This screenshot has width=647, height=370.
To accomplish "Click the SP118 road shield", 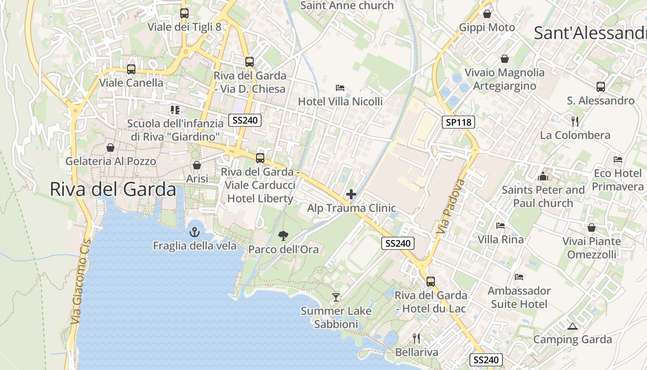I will [x=458, y=122].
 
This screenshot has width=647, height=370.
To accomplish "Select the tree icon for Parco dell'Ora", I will [x=283, y=236].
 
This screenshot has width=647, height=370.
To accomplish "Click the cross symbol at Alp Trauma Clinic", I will [x=351, y=194].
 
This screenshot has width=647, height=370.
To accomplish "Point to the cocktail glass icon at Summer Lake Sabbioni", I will [x=336, y=297].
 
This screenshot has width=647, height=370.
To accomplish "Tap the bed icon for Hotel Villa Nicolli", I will [x=340, y=87].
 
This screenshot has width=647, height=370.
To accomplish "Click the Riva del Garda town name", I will [x=113, y=190].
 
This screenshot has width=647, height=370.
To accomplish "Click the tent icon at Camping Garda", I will [x=572, y=326].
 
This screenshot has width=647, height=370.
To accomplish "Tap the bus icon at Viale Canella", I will [x=131, y=69].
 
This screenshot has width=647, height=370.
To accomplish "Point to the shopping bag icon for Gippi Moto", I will [x=487, y=14].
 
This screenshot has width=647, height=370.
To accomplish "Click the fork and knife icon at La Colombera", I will [x=575, y=122].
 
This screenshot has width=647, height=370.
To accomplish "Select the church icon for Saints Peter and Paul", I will [x=543, y=176].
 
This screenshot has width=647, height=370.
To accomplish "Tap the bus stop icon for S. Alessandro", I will [x=600, y=87].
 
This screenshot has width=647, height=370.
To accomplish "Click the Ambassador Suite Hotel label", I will [x=519, y=297].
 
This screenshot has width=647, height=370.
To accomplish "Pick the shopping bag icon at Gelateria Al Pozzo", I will [x=110, y=148].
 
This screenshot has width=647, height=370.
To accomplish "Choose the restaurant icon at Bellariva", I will [x=416, y=339].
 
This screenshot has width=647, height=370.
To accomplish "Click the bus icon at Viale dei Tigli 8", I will [x=184, y=13].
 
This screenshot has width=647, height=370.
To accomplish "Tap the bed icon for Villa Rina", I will [x=501, y=226].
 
